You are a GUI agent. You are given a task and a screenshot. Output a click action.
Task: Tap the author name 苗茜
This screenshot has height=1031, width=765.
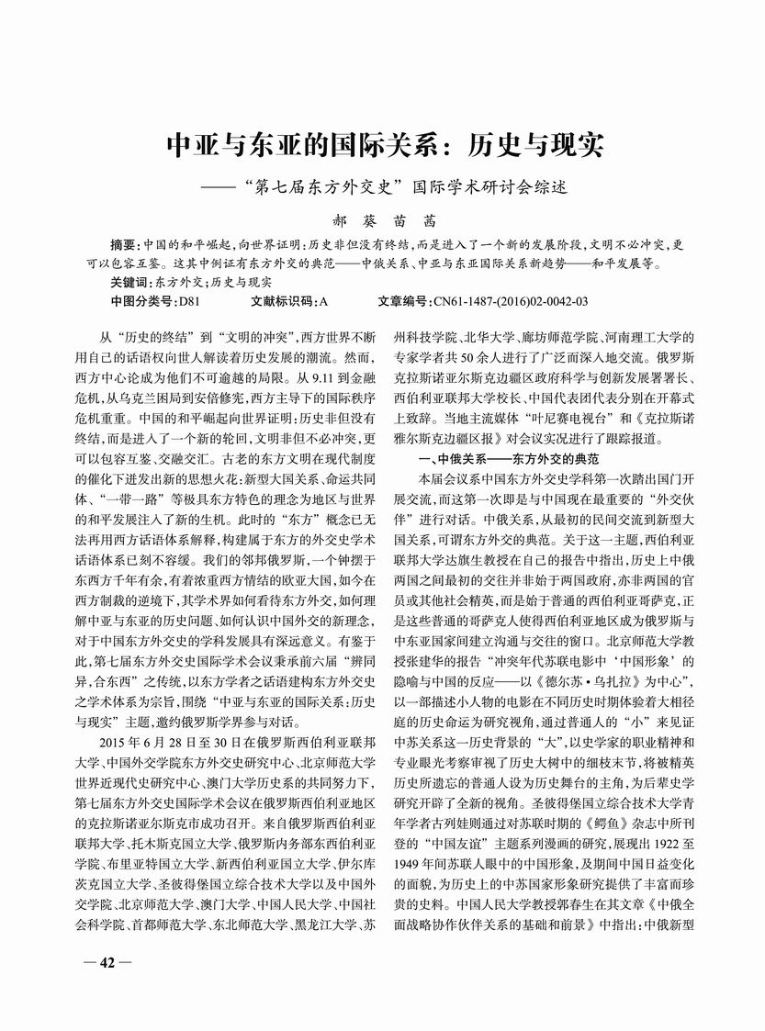(x=416, y=221)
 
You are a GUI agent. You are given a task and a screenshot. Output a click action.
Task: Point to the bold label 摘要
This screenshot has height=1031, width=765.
(x=121, y=246)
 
